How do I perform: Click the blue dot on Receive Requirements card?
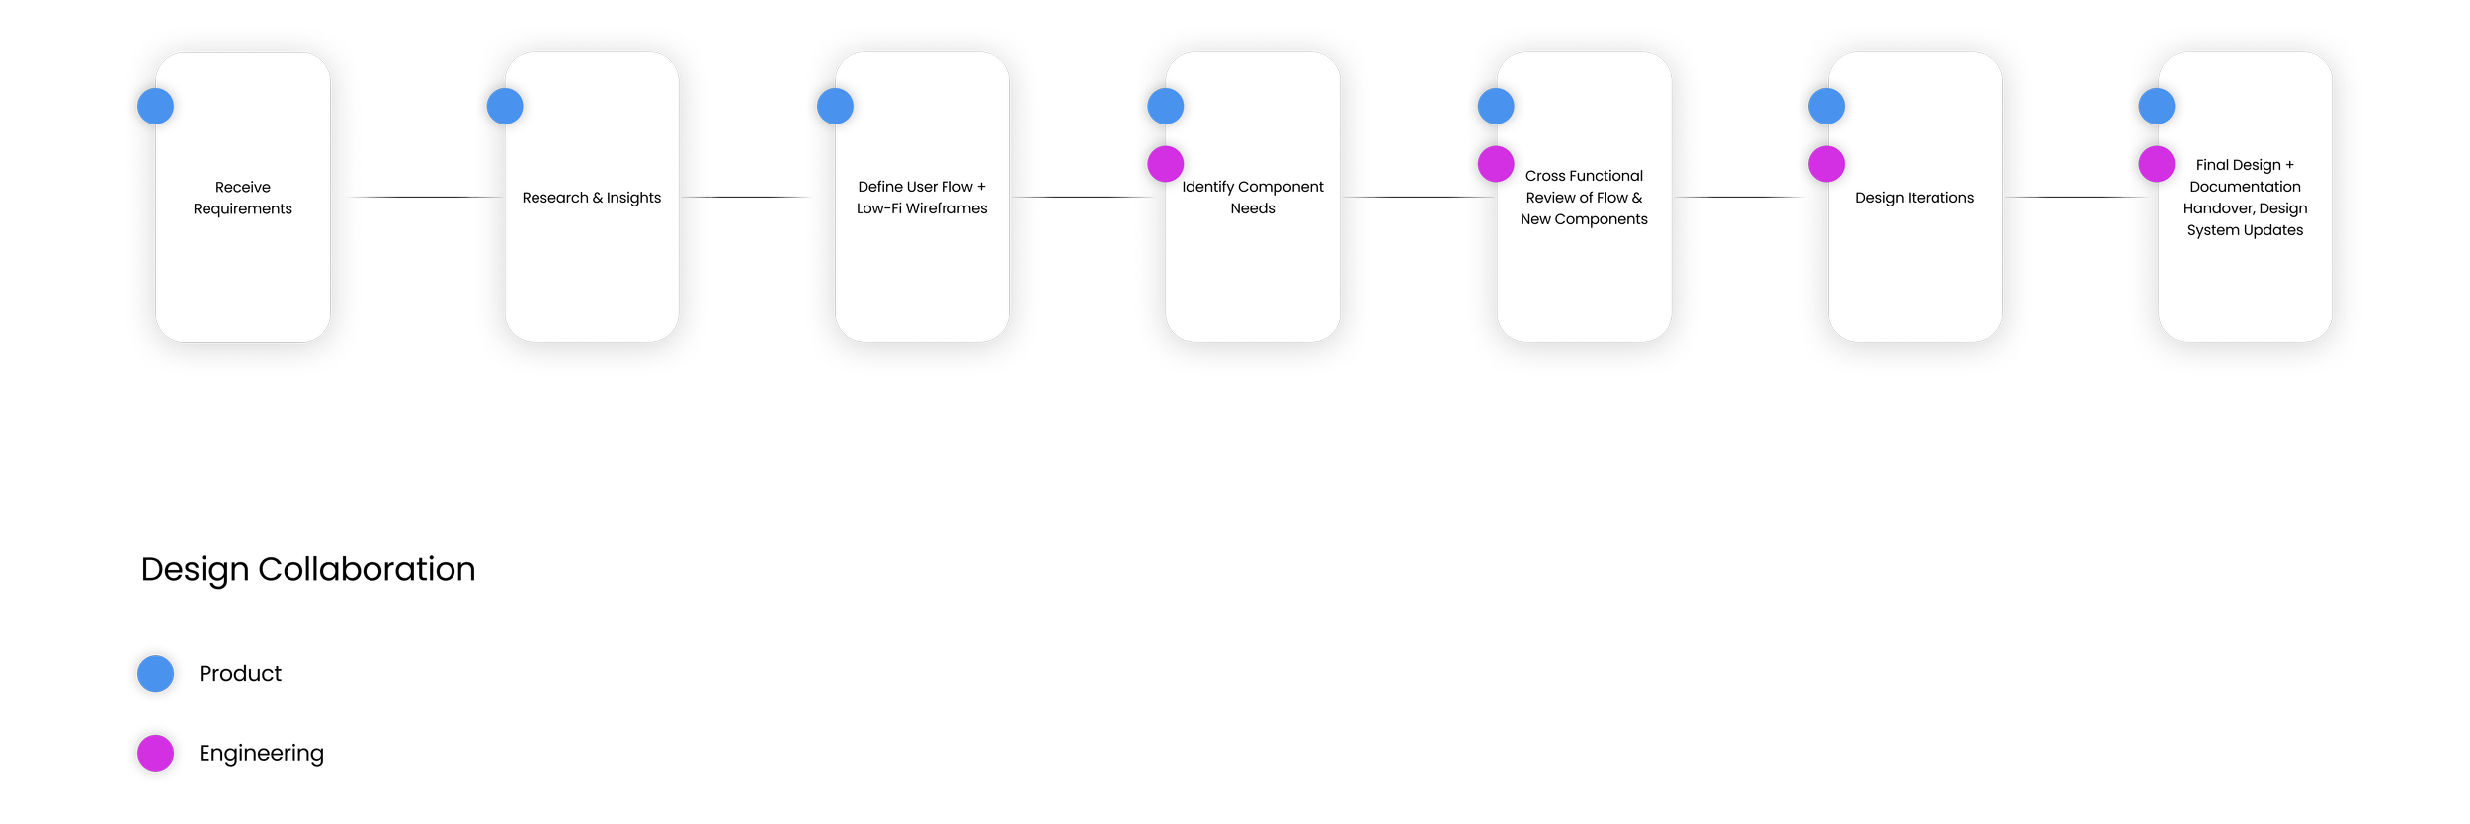155,106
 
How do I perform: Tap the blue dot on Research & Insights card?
505,106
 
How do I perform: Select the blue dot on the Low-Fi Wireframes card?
835,106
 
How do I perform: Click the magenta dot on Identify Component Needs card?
1166,164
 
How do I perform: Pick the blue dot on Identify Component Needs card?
1166,106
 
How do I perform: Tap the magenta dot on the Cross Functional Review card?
1496,164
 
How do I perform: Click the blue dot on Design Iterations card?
1826,106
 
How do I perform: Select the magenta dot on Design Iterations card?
1826,164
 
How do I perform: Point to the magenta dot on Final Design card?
2157,164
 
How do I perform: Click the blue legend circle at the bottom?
155,674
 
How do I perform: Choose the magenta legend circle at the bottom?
155,753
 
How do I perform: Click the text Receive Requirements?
242,198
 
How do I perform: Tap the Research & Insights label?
592,198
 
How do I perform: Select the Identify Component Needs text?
1253,198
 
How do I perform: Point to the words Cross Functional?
1584,176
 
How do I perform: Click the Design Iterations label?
1915,198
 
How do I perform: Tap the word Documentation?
2245,187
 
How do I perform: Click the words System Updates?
2245,230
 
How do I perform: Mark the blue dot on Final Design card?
2157,106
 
